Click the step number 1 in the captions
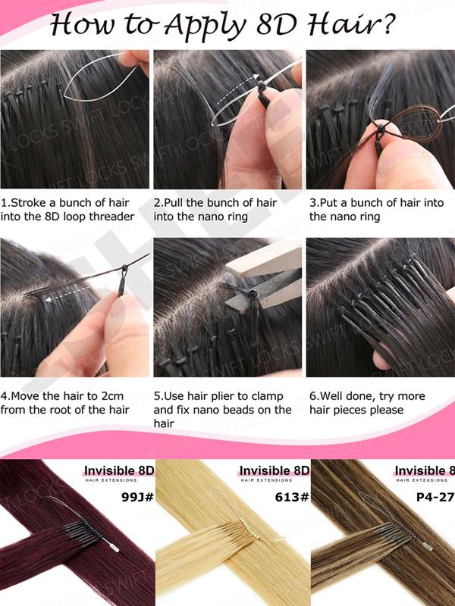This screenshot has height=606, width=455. click(5, 203)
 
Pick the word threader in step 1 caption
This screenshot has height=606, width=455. click(109, 217)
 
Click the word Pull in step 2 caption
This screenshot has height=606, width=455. click(180, 203)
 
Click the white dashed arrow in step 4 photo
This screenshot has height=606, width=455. click(64, 298)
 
